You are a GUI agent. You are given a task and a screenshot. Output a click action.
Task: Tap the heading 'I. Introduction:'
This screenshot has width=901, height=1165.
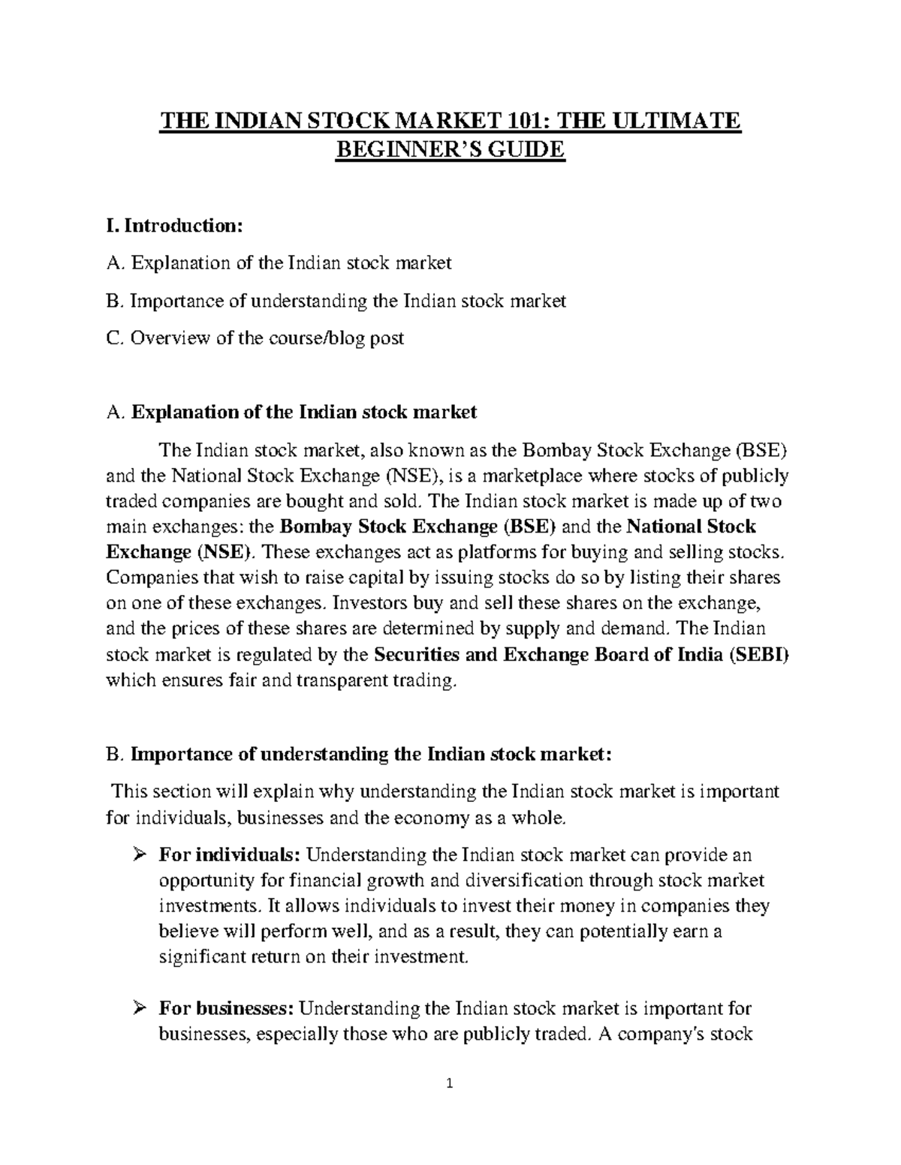coord(176,226)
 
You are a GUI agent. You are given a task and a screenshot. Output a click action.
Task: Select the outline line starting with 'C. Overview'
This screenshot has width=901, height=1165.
coord(255,338)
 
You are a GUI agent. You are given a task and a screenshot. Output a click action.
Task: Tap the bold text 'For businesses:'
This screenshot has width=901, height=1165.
coord(227,1009)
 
